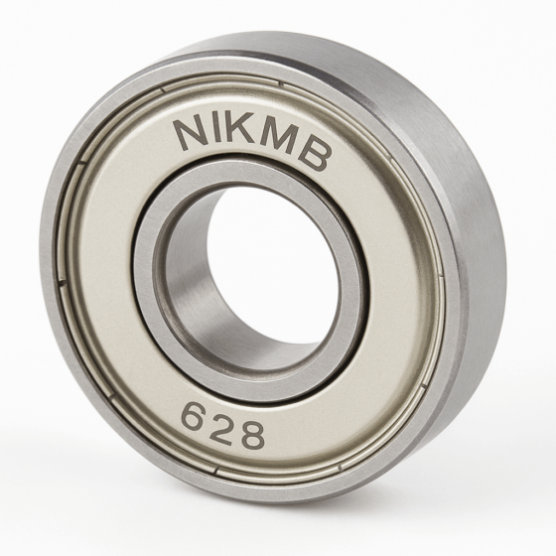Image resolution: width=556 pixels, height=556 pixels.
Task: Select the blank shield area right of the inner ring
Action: point(397,298)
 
